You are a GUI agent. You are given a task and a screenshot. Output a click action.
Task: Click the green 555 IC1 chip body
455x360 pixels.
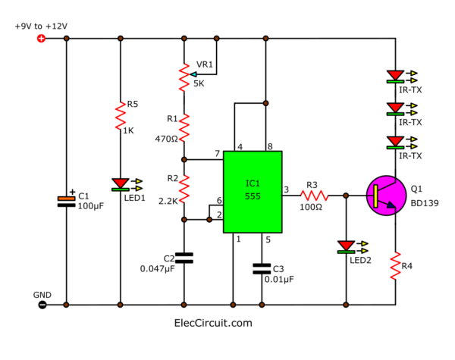[x=253, y=192]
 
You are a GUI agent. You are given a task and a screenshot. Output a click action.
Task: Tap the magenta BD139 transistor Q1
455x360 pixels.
[x=385, y=195]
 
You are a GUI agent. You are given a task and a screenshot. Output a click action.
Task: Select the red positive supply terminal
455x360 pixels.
[x=42, y=39]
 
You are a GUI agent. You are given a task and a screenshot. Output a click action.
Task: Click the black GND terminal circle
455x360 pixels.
[x=42, y=305]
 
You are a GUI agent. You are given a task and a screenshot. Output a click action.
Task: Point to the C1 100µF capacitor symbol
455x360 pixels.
[x=66, y=200]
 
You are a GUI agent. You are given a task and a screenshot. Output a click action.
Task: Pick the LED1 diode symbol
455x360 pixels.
[x=121, y=184]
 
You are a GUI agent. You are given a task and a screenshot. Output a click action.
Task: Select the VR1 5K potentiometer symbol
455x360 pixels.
[x=184, y=76]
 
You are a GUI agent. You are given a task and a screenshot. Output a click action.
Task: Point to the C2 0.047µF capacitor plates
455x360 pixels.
[x=184, y=257]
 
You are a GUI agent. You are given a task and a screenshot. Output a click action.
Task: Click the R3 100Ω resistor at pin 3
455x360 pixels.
[x=312, y=195]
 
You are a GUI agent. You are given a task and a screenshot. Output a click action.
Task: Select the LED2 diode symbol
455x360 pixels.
[x=346, y=247]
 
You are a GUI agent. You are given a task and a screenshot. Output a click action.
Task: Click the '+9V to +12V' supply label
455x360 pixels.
[x=41, y=26]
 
